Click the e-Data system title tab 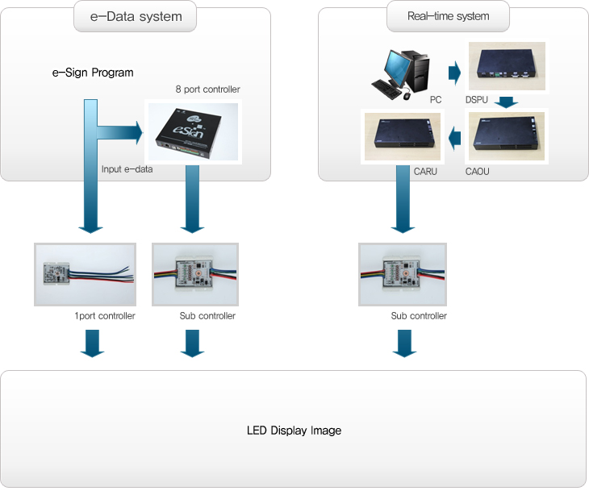[x=136, y=16]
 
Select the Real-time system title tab [x=449, y=16]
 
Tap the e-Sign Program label [x=93, y=73]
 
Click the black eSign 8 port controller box [x=191, y=131]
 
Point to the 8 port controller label [x=207, y=89]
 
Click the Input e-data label [x=127, y=169]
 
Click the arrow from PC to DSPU [x=454, y=74]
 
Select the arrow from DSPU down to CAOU [x=506, y=102]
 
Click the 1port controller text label [x=104, y=316]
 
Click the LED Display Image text [x=294, y=431]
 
